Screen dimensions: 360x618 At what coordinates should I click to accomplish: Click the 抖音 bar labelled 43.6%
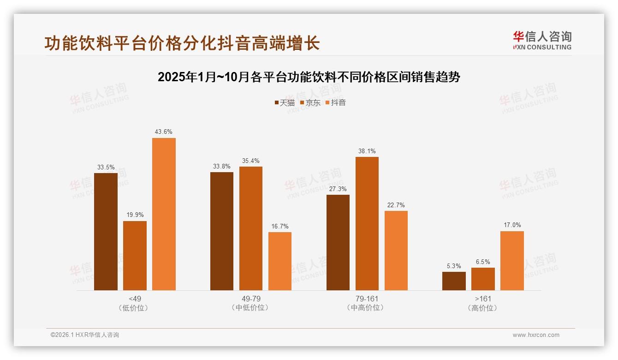click(x=164, y=214)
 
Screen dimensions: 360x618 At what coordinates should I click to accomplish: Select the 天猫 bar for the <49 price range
click(x=106, y=232)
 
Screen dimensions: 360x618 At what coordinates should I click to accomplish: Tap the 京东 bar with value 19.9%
click(x=135, y=256)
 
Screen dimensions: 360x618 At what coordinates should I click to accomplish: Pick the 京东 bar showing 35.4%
click(x=251, y=228)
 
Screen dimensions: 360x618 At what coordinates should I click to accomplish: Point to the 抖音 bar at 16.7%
click(x=280, y=261)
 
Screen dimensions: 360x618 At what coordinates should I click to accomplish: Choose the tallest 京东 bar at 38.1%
click(x=367, y=224)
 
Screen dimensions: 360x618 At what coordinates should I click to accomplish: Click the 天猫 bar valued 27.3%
click(x=338, y=243)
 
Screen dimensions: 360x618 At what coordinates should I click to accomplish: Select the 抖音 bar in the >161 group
click(x=512, y=261)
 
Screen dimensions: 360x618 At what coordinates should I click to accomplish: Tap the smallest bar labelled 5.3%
click(x=454, y=281)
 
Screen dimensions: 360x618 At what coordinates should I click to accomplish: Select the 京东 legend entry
click(x=310, y=102)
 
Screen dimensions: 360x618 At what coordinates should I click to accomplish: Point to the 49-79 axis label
click(x=251, y=299)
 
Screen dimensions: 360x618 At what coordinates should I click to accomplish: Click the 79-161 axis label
click(x=367, y=299)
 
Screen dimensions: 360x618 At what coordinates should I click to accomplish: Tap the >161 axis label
click(x=483, y=299)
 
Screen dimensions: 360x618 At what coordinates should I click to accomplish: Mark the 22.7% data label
click(x=396, y=205)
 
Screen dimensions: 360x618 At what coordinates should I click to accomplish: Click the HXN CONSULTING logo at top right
click(x=542, y=41)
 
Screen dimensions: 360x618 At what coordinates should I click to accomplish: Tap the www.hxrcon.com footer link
click(x=536, y=335)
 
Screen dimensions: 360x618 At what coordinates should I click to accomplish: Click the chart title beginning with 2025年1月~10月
click(x=309, y=77)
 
